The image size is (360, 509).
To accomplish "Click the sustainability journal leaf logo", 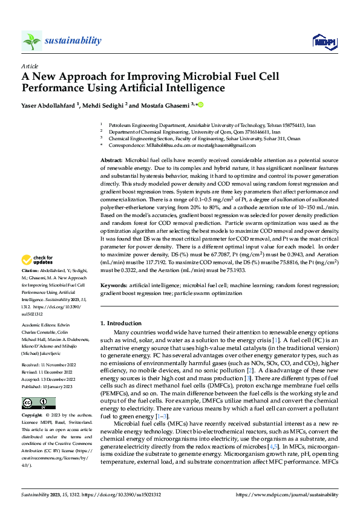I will coord(31,41).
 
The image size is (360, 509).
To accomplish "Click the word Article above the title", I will coord(30,66).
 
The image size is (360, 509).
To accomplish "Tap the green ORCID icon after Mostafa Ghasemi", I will coord(200,105).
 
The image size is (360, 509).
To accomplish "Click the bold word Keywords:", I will coord(113,285).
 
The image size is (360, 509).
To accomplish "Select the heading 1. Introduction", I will coord(121,323).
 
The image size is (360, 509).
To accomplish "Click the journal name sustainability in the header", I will coord(73,41).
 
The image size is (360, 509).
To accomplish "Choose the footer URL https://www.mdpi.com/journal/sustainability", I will coord(287,495).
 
